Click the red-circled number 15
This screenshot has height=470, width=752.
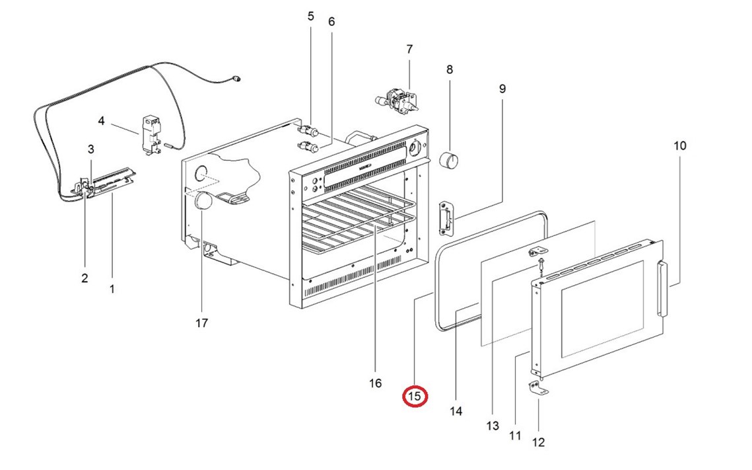(x=415, y=397)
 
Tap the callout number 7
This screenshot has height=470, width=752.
(x=409, y=49)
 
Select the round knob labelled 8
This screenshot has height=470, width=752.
(x=450, y=160)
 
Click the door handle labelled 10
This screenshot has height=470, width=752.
(x=662, y=289)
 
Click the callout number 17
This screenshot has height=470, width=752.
(x=202, y=323)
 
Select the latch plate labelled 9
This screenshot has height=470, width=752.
(x=448, y=219)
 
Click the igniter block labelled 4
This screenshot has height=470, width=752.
(x=152, y=134)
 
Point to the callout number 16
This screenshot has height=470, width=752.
(x=375, y=383)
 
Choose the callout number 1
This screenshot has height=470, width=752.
(x=112, y=289)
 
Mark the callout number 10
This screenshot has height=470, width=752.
(x=680, y=145)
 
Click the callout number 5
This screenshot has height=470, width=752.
(x=311, y=17)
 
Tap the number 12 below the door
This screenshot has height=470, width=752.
(x=539, y=442)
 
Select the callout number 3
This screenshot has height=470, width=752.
(x=91, y=149)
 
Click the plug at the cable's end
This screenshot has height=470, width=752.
(x=236, y=80)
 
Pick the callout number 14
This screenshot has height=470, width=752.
(x=456, y=411)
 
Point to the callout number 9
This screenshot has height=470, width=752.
(x=502, y=88)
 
